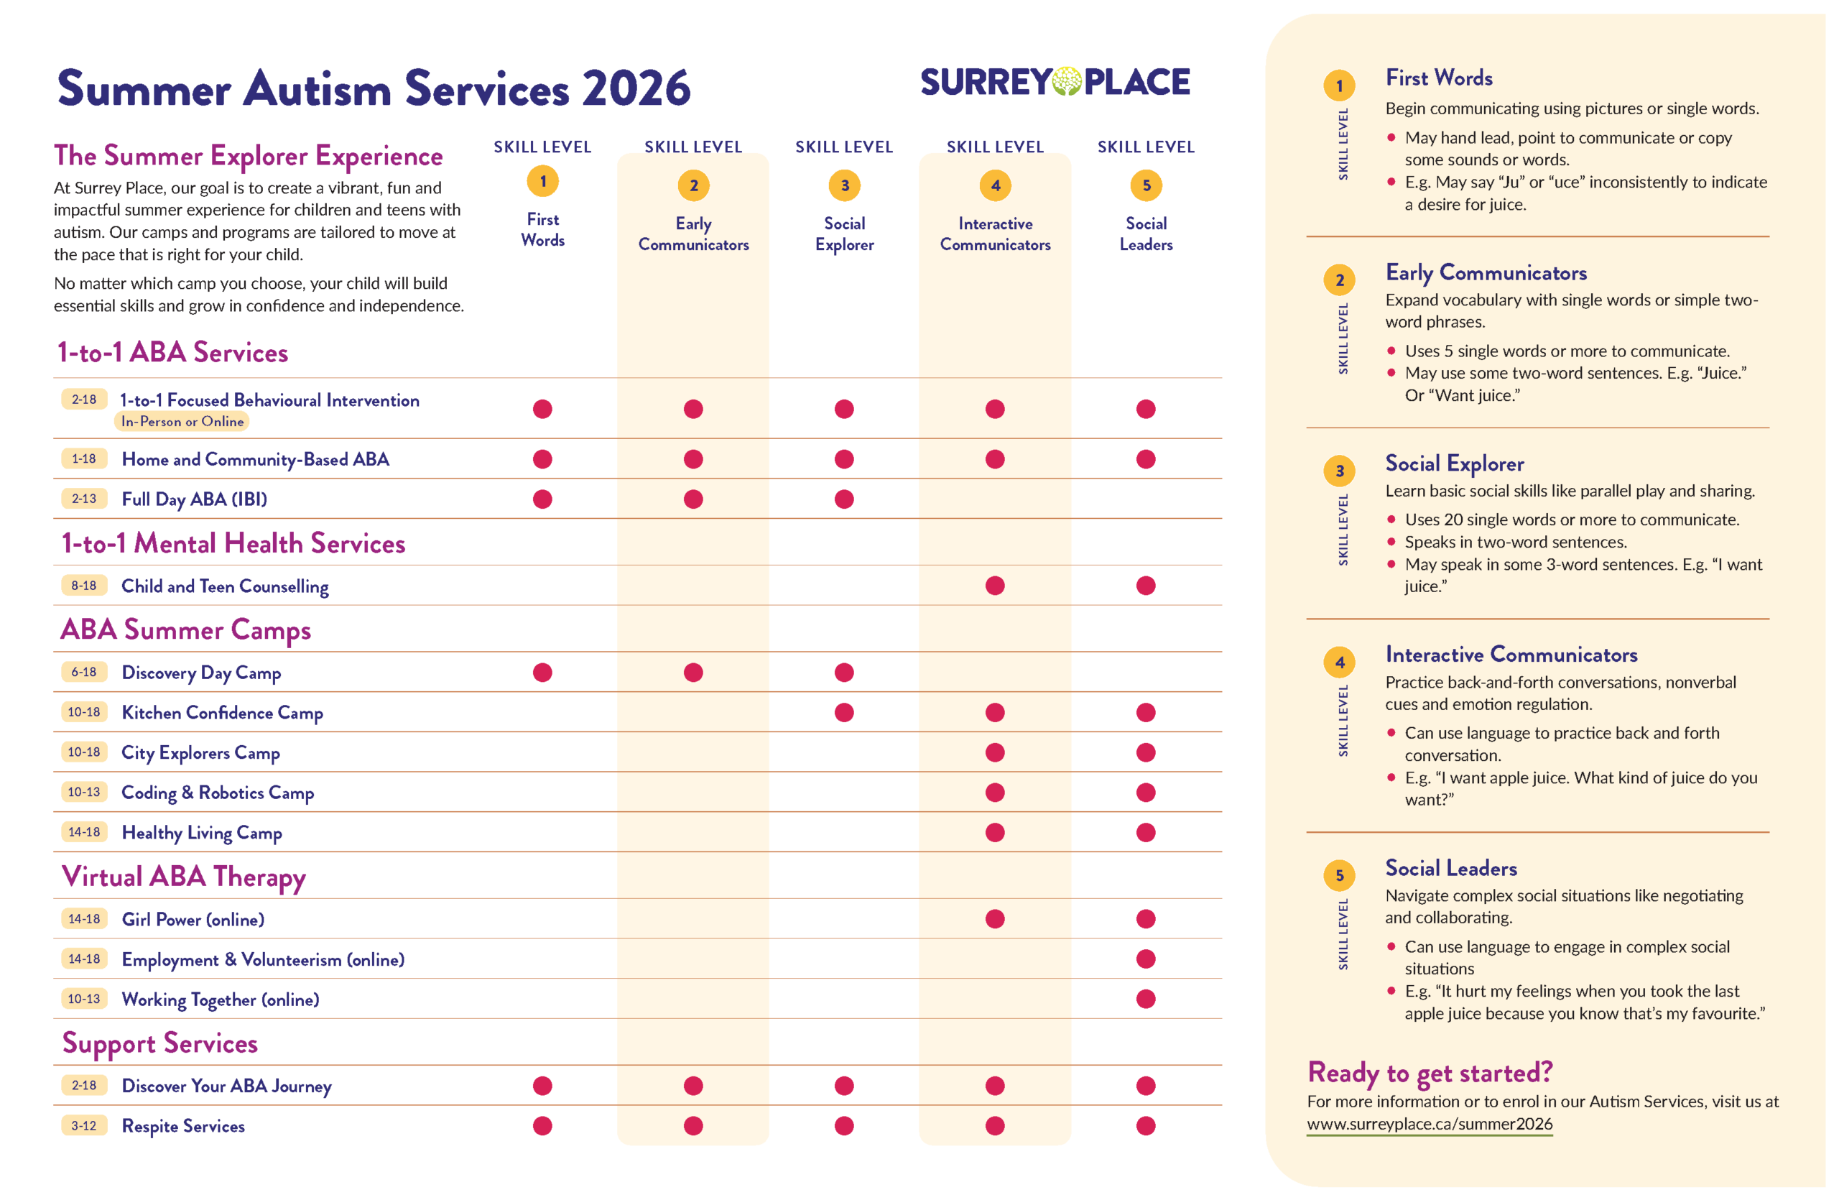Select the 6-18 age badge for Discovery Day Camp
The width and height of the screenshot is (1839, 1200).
coord(83,673)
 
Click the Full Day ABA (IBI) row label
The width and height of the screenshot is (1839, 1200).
coord(194,499)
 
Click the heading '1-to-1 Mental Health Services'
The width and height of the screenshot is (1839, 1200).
coord(233,544)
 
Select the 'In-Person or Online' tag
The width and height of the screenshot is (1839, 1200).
coord(182,422)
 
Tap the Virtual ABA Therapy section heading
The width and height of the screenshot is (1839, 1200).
coord(184,877)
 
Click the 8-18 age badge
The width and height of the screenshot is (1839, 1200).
coord(83,586)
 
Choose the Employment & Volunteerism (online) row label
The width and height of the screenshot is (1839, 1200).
coord(263,960)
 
